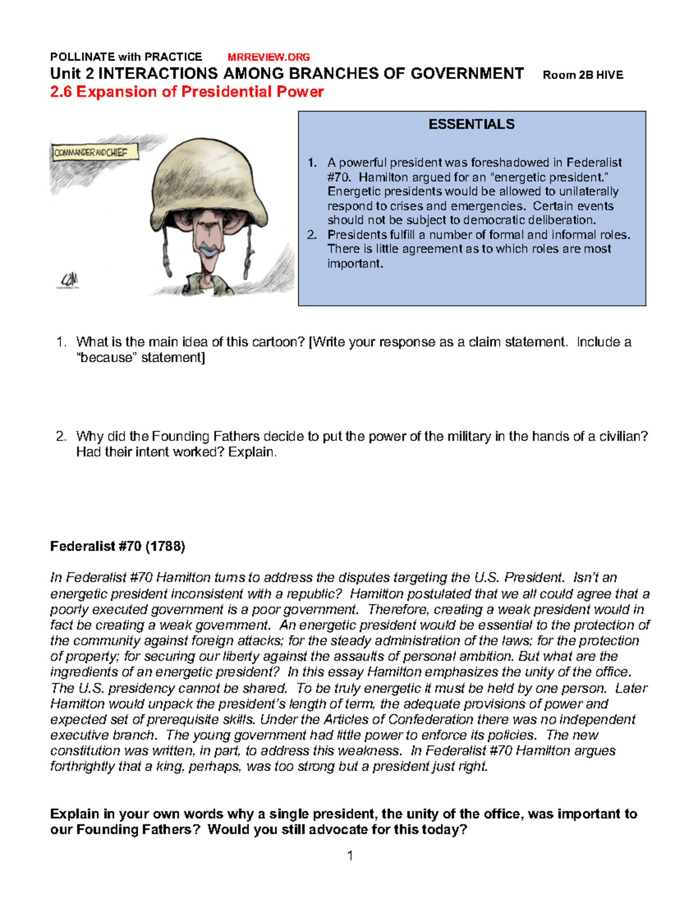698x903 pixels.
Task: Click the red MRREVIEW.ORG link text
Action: click(x=268, y=57)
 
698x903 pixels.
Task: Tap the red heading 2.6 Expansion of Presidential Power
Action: click(x=187, y=92)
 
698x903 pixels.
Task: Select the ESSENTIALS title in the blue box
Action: click(x=471, y=124)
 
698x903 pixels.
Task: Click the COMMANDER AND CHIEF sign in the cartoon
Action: click(x=93, y=153)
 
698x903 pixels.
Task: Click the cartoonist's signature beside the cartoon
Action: click(x=69, y=280)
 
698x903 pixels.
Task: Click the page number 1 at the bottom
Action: click(x=350, y=855)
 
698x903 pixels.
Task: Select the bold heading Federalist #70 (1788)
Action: click(x=117, y=546)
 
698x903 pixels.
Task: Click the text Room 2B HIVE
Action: click(x=582, y=75)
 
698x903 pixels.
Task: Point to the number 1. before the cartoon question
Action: click(x=62, y=342)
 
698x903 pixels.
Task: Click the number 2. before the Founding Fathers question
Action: click(x=62, y=436)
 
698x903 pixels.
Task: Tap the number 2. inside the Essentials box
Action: click(x=312, y=235)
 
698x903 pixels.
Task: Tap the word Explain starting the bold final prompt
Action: click(x=74, y=814)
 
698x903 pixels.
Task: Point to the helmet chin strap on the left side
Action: click(x=166, y=256)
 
